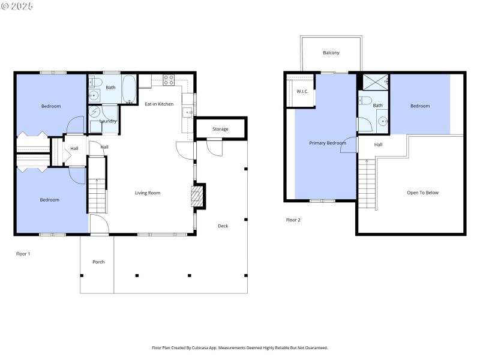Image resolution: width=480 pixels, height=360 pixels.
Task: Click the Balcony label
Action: (x=331, y=53)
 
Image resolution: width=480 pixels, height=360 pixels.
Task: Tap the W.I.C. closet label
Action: (x=302, y=91)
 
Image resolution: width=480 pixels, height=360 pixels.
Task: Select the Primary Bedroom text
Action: (x=328, y=143)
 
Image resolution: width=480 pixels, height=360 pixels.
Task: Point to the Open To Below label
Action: (x=422, y=193)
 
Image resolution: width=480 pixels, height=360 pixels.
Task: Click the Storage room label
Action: (x=220, y=129)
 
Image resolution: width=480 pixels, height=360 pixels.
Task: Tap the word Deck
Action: (x=223, y=226)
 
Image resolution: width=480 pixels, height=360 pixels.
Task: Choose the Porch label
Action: (x=98, y=262)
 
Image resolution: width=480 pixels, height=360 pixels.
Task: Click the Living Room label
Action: (x=148, y=193)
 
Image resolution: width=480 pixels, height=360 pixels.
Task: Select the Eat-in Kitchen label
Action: (x=159, y=104)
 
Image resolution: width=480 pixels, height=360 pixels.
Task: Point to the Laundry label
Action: (x=108, y=121)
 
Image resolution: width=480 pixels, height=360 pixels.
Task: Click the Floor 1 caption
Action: (x=23, y=254)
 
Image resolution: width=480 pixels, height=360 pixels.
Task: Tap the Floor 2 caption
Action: (x=293, y=220)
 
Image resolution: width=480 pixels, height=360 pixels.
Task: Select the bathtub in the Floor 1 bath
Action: (x=129, y=89)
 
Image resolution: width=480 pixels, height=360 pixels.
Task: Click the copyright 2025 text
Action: (x=17, y=6)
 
